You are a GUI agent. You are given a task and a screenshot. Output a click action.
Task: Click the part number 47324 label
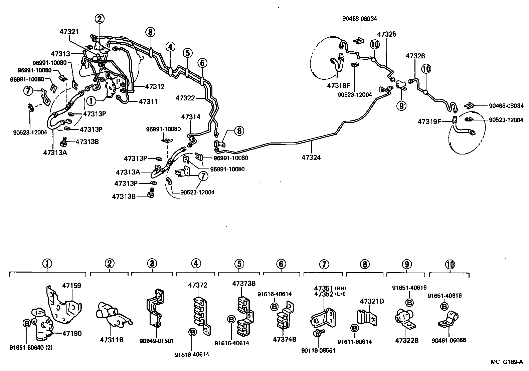(311, 157)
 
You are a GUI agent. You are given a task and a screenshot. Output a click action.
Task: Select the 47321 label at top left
(69, 32)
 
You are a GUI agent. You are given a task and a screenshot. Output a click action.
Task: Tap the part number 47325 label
(386, 34)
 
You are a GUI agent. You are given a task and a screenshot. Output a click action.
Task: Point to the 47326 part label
(415, 56)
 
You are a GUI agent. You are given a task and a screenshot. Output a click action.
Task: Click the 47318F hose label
(339, 85)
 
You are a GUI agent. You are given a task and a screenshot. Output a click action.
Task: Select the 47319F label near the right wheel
(430, 122)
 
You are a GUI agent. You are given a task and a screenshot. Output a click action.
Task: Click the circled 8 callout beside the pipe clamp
(239, 130)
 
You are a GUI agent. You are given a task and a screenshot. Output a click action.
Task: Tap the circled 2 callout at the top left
(99, 19)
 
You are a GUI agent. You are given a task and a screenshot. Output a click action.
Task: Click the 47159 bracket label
(72, 286)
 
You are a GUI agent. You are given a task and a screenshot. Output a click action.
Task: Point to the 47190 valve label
(72, 333)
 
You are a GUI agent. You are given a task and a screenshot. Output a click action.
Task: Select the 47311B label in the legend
(112, 340)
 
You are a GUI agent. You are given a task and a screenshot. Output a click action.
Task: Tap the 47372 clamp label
(197, 285)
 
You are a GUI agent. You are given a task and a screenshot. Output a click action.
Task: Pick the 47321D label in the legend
(372, 301)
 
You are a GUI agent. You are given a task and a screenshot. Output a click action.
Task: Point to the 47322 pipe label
(185, 98)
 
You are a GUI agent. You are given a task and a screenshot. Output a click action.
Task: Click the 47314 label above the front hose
(191, 117)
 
